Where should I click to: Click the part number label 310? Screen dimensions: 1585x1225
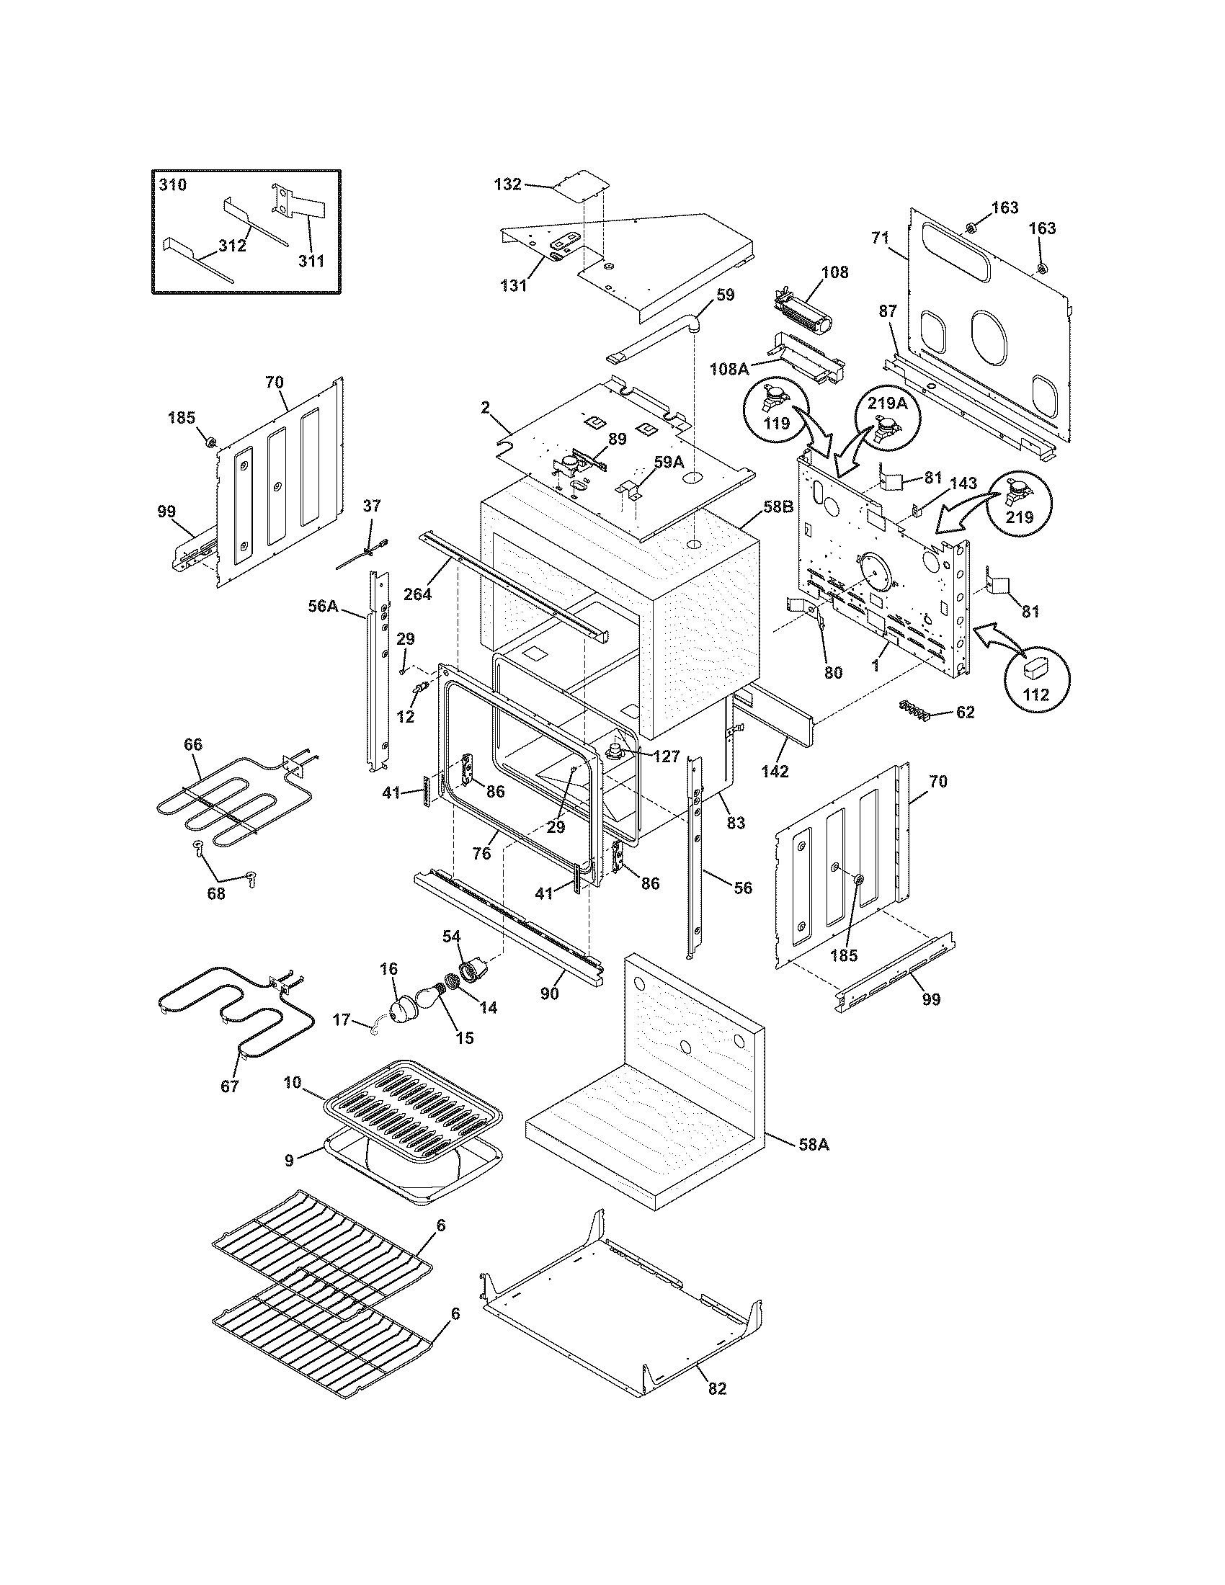pos(173,185)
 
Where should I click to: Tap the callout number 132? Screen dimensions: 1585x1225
pos(507,184)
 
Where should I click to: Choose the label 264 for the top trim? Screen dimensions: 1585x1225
pos(417,594)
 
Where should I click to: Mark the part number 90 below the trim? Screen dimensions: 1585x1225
pos(549,993)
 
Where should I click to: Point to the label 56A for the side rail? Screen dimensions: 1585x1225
pos(323,605)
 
